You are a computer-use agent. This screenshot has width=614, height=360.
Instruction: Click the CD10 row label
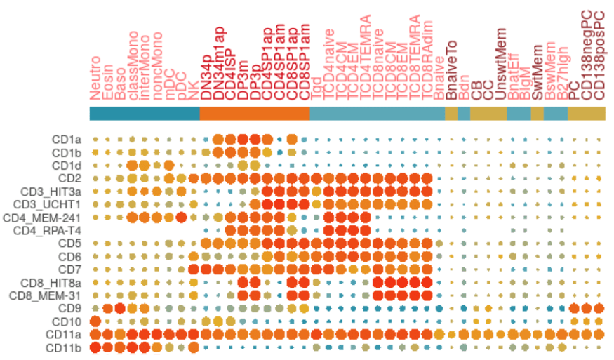pyautogui.click(x=69, y=321)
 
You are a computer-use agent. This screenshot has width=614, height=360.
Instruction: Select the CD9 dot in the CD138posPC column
pyautogui.click(x=599, y=308)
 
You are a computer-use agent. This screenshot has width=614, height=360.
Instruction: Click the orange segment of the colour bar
pyautogui.click(x=255, y=112)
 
